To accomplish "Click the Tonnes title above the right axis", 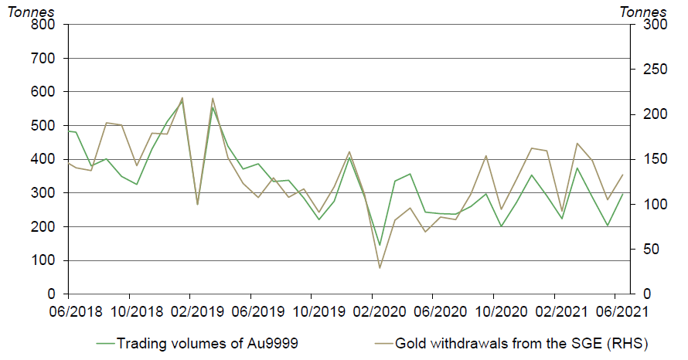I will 643,10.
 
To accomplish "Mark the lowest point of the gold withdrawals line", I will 380,268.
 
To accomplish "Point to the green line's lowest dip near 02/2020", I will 380,245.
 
